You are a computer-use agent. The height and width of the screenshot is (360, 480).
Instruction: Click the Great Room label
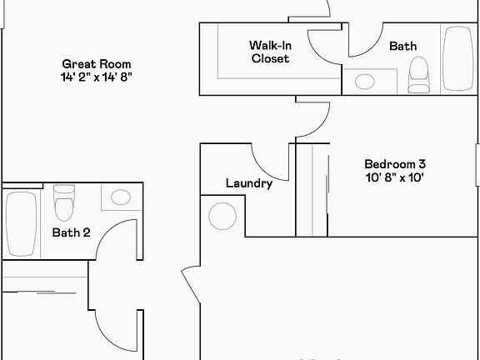point(97,64)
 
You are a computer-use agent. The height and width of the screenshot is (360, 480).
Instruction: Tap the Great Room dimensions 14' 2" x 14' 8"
point(97,77)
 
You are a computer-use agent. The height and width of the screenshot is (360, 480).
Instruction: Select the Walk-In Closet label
point(270,52)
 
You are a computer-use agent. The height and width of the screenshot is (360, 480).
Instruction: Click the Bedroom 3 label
point(395,164)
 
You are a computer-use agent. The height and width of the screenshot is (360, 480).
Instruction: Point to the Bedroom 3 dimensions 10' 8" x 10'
point(395,177)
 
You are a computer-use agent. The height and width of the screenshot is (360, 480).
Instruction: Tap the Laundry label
point(249,183)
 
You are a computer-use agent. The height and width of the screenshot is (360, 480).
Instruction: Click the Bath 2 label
point(72,232)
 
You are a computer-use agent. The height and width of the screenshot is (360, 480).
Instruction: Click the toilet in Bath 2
point(64,202)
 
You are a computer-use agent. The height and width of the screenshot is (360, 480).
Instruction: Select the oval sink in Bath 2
point(121,197)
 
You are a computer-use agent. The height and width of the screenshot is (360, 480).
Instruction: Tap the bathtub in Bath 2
point(22,224)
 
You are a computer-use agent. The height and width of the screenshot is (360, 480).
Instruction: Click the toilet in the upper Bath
point(419,75)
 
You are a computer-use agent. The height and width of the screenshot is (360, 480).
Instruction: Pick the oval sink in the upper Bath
point(365,82)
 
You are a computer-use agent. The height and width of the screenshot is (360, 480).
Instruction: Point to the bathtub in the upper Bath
point(458,58)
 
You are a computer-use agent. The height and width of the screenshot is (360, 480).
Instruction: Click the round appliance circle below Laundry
point(222,216)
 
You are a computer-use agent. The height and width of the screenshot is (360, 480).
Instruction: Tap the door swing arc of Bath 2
point(107,231)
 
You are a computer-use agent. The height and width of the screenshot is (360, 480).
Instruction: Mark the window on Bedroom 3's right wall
point(477,165)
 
